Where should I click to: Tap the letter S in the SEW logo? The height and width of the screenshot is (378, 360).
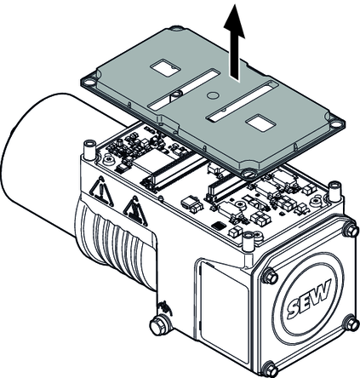pos(294,309)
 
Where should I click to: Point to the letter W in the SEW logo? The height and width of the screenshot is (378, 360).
pos(321,292)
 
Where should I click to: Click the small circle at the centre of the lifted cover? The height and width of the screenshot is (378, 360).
pos(212,95)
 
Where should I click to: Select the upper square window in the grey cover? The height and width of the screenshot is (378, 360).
pos(165,67)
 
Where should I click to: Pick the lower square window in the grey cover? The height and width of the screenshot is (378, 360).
pos(260,123)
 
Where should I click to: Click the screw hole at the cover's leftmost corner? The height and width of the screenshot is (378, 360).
pos(89,83)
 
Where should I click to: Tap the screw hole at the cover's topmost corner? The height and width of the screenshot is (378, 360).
pos(178,28)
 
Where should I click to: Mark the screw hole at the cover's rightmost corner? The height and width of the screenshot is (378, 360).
pos(336,124)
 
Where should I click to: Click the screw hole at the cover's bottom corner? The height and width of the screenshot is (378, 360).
pos(249,174)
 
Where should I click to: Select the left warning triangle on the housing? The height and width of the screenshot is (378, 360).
pos(101,191)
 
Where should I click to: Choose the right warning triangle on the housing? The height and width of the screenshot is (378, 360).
pos(134,210)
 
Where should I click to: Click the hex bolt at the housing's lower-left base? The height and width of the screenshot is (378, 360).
pos(159,325)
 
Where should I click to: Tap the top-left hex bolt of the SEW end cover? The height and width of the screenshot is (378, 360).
pos(270,276)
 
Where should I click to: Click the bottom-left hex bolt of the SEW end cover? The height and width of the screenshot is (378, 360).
pos(270,369)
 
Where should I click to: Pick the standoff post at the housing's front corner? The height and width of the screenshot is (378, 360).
pos(248,242)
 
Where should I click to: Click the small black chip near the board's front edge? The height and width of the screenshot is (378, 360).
pos(219,226)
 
